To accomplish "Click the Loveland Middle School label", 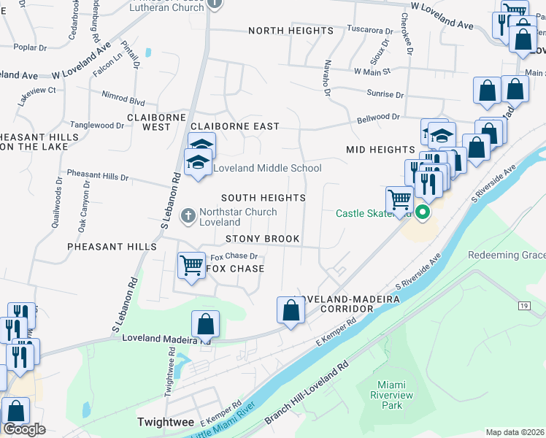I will click(266, 169).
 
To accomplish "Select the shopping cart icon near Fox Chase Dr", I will click(191, 264).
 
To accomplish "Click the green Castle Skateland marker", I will click(422, 213).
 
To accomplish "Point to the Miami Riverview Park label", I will click(395, 395).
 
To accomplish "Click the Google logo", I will click(24, 429).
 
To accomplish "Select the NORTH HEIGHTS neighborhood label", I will click(291, 31).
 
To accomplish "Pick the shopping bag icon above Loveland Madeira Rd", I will click(206, 323).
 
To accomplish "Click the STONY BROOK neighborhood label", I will click(262, 239).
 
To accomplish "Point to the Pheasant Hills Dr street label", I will click(97, 177).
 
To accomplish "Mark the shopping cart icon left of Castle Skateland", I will click(399, 198).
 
